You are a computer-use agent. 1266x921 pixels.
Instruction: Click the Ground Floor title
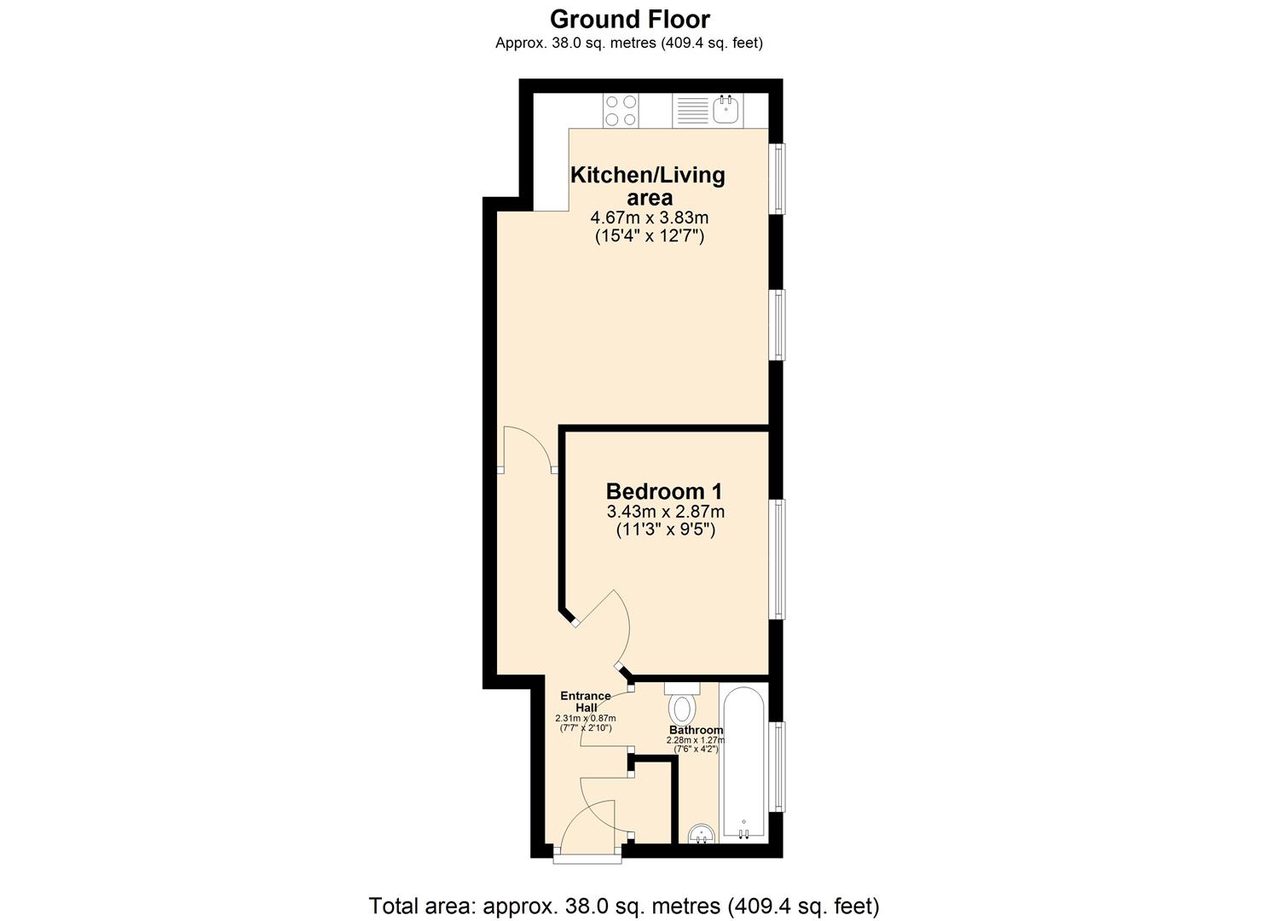tap(629, 19)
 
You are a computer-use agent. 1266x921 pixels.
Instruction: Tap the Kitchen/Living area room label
tap(648, 186)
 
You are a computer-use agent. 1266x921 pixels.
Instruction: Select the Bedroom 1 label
tap(664, 491)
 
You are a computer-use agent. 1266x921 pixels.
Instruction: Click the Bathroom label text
tap(696, 730)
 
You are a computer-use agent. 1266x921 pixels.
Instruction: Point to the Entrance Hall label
tap(585, 701)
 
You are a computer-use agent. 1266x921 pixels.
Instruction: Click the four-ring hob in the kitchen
tap(621, 110)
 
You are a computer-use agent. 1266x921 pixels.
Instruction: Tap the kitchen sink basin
tap(726, 110)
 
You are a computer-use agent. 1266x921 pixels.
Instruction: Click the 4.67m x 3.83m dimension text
tap(650, 218)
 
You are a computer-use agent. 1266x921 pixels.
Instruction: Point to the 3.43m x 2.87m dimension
tap(665, 512)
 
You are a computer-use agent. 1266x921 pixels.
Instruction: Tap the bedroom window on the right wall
tap(778, 559)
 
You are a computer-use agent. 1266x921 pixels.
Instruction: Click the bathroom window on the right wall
tap(778, 767)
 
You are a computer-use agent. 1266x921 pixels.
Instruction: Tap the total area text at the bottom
tap(623, 906)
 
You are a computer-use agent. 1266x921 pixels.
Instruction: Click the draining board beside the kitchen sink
tap(692, 111)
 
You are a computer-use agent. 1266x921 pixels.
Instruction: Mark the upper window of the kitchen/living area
tap(778, 178)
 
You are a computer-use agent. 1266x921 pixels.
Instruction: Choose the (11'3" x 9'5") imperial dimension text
tap(665, 530)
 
